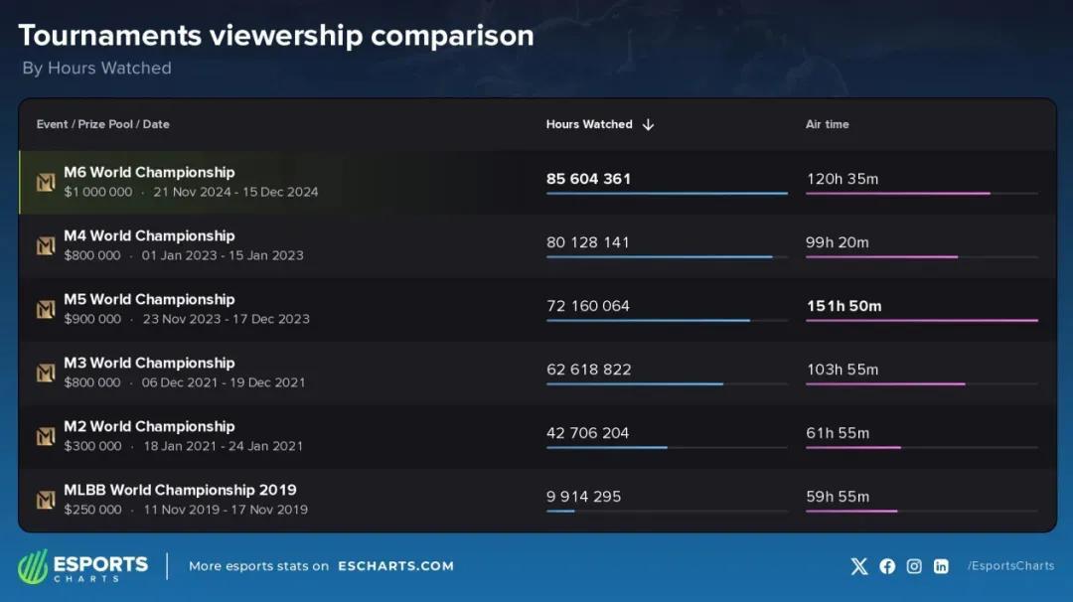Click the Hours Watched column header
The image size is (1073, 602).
click(x=588, y=124)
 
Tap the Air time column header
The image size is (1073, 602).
click(x=827, y=124)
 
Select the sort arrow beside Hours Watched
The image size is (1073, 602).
click(x=649, y=125)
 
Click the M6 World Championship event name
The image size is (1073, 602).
click(x=149, y=172)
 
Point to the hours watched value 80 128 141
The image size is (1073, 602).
click(x=587, y=242)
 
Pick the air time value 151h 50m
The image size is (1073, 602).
click(x=843, y=306)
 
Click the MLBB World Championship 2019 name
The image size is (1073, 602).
click(x=180, y=490)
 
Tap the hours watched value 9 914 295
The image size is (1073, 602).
click(x=583, y=497)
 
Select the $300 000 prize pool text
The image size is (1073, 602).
click(x=92, y=446)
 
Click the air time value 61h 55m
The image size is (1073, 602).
click(x=838, y=433)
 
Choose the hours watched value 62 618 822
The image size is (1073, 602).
click(x=588, y=370)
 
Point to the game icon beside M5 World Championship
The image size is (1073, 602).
click(x=46, y=310)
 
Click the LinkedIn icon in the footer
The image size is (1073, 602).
click(x=940, y=566)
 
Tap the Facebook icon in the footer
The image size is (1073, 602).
click(x=887, y=566)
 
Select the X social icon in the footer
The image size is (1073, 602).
click(x=859, y=566)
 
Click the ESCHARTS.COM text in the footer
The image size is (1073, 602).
click(x=395, y=566)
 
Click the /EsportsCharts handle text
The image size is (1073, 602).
click(x=1010, y=566)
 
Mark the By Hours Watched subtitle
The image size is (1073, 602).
click(x=96, y=69)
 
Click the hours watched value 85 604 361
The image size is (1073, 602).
click(x=588, y=179)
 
